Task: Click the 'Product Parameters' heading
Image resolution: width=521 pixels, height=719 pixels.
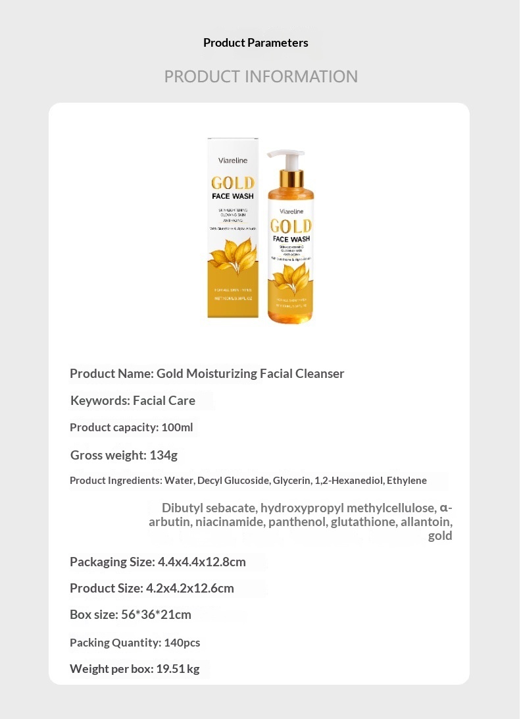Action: tap(255, 43)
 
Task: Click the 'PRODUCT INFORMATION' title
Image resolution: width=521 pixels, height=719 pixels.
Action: tap(260, 76)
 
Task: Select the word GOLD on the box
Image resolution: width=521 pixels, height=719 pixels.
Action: tap(232, 183)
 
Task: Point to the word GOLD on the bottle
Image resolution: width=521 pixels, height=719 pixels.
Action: tap(290, 226)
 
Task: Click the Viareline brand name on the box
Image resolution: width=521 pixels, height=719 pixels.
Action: tap(232, 159)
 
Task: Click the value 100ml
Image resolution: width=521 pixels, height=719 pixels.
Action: tap(177, 427)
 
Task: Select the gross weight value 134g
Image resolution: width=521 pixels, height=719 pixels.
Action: tap(163, 455)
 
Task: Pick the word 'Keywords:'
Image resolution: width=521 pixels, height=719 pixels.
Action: tap(100, 400)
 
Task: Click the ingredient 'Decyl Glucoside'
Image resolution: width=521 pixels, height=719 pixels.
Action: tap(234, 480)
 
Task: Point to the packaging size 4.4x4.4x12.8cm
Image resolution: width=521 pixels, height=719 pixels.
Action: tap(201, 562)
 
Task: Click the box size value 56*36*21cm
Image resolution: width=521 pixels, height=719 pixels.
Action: tap(156, 614)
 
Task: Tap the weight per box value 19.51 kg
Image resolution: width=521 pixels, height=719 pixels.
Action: tap(177, 669)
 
